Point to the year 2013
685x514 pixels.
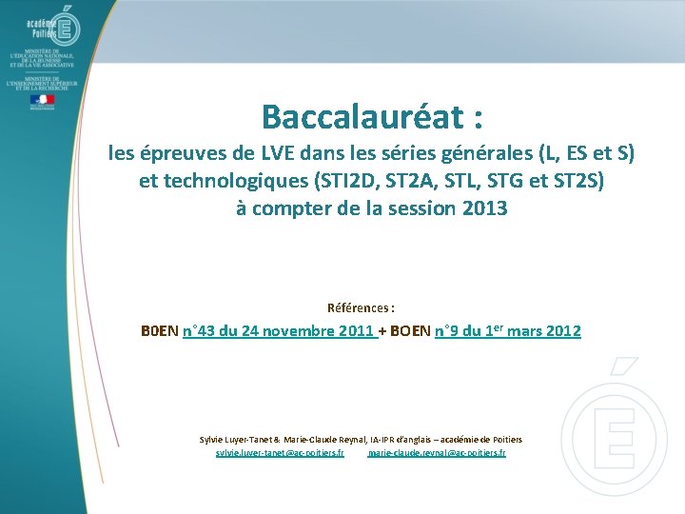click(483, 208)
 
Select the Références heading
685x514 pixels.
click(361, 308)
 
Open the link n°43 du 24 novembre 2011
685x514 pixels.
click(277, 331)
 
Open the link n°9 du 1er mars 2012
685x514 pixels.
click(507, 331)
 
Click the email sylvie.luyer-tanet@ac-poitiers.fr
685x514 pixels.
click(280, 454)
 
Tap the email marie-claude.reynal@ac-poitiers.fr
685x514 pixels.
click(437, 454)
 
